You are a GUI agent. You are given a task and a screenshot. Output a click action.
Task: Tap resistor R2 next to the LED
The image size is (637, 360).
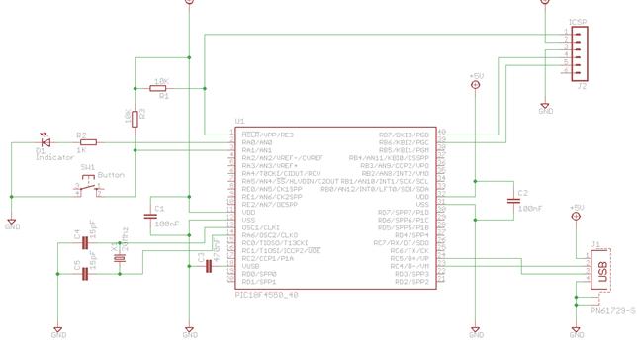pos(83,143)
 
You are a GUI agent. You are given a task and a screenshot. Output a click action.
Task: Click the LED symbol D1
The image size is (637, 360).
pos(43,143)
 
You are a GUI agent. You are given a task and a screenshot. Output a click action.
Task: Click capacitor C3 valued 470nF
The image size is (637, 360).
pos(207,257)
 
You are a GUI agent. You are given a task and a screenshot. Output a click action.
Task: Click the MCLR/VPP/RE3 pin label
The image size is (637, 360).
pos(267,133)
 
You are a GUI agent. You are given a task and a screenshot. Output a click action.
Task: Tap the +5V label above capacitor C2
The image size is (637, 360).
pos(475,75)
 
